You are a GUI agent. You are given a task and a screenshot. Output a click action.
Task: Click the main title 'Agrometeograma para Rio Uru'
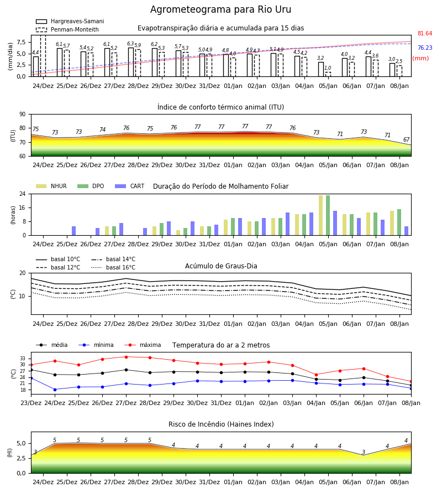(220, 9)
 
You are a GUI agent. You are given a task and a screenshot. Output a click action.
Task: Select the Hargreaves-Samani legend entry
(70, 21)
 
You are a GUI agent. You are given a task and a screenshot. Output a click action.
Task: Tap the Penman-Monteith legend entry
(67, 29)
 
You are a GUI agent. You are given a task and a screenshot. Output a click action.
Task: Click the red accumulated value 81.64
(425, 33)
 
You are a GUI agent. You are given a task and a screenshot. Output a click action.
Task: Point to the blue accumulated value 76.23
(425, 48)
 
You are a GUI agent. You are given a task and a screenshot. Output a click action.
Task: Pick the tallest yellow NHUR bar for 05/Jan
(321, 215)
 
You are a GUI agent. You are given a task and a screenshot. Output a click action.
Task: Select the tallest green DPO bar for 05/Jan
(328, 215)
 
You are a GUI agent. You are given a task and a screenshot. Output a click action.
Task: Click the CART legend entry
(130, 186)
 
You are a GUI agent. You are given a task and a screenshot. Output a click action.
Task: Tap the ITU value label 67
(406, 140)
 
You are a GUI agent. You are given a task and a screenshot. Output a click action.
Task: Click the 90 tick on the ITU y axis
(23, 115)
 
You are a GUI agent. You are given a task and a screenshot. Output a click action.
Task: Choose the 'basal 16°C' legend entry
(113, 267)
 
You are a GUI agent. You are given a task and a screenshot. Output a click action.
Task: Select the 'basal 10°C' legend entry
(58, 259)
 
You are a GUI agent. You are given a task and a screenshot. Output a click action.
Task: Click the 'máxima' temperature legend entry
(143, 345)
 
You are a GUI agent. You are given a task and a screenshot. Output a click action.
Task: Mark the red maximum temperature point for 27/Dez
(126, 357)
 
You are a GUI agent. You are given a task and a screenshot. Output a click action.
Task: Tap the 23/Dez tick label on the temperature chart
(31, 403)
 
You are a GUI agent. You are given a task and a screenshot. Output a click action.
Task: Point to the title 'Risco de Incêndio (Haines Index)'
(221, 424)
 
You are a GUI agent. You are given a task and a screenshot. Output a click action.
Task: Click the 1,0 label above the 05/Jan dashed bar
(328, 68)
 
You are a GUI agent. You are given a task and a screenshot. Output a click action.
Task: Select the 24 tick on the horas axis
(23, 194)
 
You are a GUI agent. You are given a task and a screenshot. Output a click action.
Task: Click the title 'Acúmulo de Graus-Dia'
(221, 266)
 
